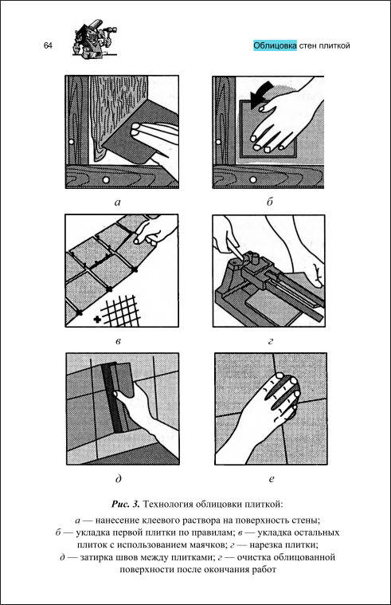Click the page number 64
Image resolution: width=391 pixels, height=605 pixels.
(48, 45)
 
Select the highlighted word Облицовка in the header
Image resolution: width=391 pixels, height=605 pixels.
(275, 45)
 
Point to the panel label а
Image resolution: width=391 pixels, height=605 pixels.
(118, 202)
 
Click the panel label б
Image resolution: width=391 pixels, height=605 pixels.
(270, 201)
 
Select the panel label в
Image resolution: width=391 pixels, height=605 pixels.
(119, 341)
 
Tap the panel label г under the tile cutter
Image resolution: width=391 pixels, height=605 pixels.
(270, 341)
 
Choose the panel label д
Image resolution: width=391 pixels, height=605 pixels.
(119, 479)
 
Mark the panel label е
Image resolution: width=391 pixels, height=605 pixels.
(271, 479)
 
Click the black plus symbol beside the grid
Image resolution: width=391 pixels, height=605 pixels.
(97, 320)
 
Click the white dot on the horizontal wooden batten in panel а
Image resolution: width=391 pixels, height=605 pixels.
(105, 180)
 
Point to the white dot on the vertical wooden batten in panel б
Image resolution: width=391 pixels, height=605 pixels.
(218, 142)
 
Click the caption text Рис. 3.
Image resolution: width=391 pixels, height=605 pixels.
(126, 504)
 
